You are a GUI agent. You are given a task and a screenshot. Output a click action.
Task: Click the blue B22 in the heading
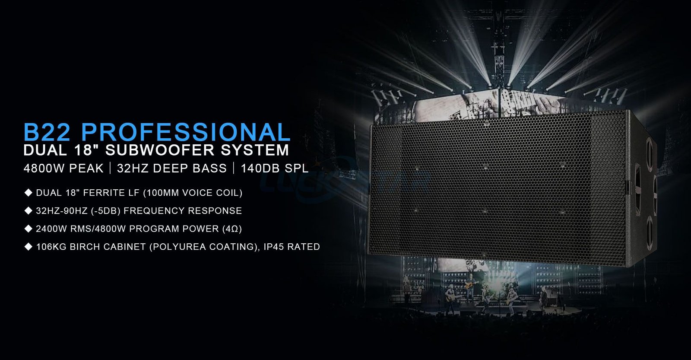[47, 132]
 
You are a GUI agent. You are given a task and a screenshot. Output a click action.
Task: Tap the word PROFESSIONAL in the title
[186, 132]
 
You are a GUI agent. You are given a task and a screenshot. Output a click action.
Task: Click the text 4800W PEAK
[63, 168]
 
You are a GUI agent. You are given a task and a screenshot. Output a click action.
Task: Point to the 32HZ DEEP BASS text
[172, 168]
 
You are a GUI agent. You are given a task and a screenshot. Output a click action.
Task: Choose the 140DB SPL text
[275, 168]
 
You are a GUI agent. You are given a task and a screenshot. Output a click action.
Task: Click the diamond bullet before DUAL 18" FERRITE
[29, 193]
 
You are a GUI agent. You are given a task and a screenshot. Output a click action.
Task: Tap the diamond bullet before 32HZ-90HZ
[29, 210]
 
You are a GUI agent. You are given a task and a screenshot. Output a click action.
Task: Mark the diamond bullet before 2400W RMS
[29, 229]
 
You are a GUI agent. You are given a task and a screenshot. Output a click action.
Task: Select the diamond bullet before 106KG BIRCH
[29, 246]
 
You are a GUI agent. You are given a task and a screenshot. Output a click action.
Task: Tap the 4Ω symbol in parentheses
[232, 229]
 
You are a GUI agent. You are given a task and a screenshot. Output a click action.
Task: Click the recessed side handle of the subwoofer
[637, 190]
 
